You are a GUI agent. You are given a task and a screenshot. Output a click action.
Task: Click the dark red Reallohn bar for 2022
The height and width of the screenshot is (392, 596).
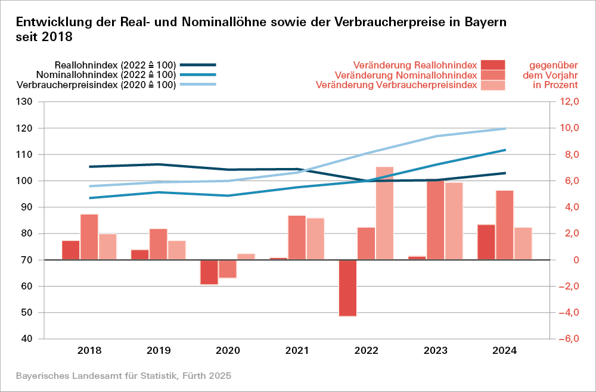tap(347, 288)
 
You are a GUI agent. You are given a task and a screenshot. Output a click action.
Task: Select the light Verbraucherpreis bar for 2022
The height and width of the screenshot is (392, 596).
tap(384, 213)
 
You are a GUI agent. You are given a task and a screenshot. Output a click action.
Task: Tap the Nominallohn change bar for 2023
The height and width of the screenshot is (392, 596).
tap(435, 219)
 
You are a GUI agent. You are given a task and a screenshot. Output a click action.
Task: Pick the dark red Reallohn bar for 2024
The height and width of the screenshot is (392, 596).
tap(486, 242)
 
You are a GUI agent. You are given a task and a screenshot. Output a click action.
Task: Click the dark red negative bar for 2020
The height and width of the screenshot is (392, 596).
tap(209, 272)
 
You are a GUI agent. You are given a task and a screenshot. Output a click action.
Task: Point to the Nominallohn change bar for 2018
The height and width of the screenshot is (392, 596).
tap(89, 237)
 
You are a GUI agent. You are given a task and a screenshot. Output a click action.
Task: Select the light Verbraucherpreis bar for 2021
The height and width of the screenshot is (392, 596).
tap(315, 239)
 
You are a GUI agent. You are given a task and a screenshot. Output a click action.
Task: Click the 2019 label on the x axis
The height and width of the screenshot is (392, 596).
tap(159, 350)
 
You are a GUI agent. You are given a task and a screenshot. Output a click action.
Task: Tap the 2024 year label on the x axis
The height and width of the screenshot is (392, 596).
tap(505, 350)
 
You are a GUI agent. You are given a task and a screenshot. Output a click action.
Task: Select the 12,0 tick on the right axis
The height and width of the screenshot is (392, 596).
tap(568, 102)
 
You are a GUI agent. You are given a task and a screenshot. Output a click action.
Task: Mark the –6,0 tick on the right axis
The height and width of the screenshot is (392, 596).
tap(567, 339)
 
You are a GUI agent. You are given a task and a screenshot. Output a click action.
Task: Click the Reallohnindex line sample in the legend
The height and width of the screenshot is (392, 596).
tap(198, 64)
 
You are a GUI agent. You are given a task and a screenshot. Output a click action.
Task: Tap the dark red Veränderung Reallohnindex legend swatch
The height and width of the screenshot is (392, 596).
tap(493, 64)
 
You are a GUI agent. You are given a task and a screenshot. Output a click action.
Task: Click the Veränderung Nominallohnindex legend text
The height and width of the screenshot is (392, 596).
tap(406, 75)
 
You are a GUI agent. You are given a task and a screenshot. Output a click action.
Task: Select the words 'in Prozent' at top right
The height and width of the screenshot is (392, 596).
tap(555, 85)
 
